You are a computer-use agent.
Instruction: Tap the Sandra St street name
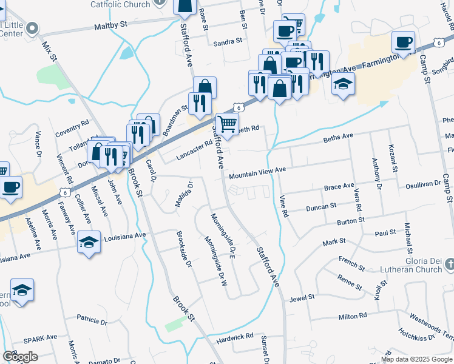tap(228, 42)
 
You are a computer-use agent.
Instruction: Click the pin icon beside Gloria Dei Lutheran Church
tap(449, 265)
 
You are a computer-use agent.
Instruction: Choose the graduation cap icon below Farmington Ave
tap(343, 86)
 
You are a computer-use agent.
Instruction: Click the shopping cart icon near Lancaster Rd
tap(227, 125)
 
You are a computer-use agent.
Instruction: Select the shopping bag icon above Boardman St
tap(205, 87)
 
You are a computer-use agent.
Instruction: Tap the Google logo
tap(20, 356)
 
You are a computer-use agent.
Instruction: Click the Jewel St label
tap(302, 298)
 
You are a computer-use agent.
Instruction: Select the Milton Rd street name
tap(353, 316)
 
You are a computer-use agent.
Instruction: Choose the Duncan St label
tap(321, 207)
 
